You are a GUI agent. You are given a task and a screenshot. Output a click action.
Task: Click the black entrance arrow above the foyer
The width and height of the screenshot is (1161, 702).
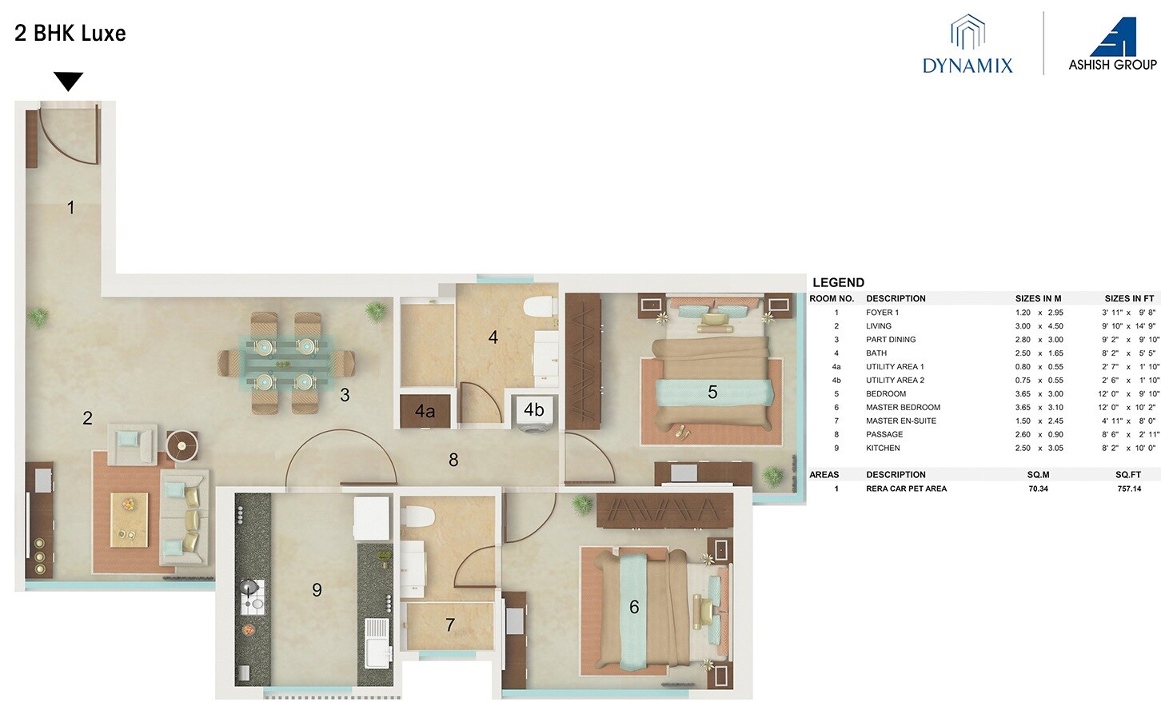(x=68, y=81)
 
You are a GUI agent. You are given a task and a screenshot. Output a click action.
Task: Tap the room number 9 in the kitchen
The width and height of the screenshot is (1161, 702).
(x=317, y=590)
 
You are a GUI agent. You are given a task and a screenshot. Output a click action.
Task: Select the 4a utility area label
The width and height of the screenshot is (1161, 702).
(x=425, y=412)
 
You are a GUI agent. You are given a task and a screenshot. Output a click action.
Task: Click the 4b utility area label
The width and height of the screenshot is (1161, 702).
(x=533, y=410)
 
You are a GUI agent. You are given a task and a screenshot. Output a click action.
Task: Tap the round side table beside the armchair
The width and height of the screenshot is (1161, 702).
(x=182, y=445)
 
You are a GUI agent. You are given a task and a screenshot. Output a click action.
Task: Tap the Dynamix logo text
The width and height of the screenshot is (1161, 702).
(x=967, y=66)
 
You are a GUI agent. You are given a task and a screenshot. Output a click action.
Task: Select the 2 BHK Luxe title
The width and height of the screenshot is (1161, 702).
(x=70, y=34)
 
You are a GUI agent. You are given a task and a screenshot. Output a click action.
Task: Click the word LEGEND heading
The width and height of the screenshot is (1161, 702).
(x=838, y=282)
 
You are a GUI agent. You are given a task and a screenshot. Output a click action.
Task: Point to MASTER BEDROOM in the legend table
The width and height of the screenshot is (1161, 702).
(x=903, y=407)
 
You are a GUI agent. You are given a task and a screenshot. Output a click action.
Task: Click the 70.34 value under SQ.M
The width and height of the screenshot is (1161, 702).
(x=1038, y=489)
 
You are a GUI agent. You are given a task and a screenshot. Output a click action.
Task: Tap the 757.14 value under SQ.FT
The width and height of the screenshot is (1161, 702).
(x=1129, y=489)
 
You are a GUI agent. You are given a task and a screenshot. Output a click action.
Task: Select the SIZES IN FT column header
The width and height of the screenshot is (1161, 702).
(x=1129, y=298)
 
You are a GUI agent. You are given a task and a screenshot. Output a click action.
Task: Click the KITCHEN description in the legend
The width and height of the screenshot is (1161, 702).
(x=883, y=448)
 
